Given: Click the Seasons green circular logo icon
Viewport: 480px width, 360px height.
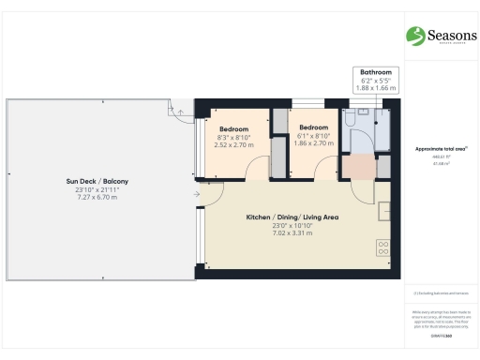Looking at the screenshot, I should (x=414, y=36).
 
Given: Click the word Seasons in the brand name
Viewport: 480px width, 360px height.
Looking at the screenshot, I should (x=446, y=35).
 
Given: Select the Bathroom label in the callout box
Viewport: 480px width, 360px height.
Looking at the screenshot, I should (x=375, y=72).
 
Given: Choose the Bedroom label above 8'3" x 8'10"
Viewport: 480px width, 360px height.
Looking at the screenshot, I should (x=233, y=127).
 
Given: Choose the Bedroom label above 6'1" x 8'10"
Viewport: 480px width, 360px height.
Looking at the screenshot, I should (x=313, y=127).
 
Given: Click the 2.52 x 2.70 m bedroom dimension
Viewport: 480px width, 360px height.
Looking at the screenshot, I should (x=233, y=145).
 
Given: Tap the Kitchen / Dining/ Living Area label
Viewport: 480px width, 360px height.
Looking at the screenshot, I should (x=292, y=217).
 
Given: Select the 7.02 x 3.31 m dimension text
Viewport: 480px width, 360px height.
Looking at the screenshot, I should (x=292, y=234).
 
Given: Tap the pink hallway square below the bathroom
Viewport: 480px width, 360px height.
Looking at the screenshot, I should (x=356, y=165).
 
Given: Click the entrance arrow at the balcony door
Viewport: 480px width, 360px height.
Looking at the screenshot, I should (x=197, y=195).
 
